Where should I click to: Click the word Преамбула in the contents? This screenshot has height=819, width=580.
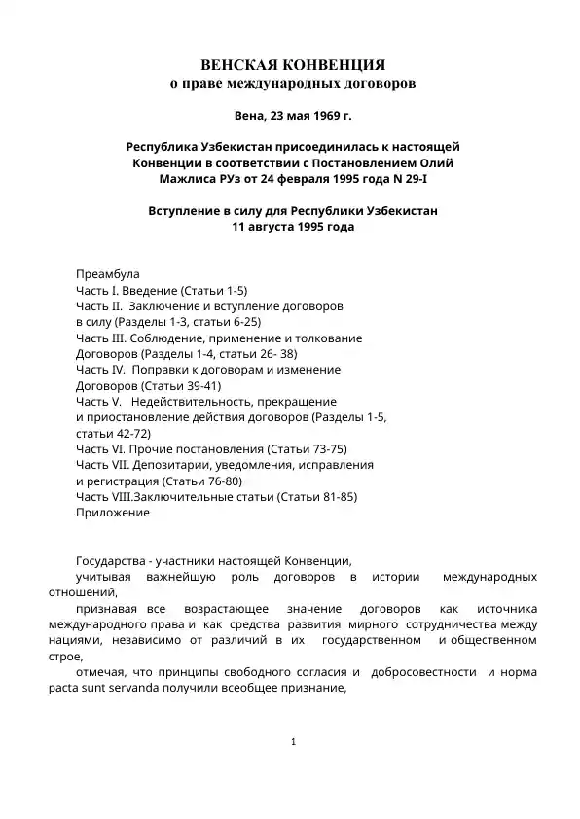(108, 274)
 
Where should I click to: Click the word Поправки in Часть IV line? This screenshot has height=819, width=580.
(164, 370)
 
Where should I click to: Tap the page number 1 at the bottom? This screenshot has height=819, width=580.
(293, 744)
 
